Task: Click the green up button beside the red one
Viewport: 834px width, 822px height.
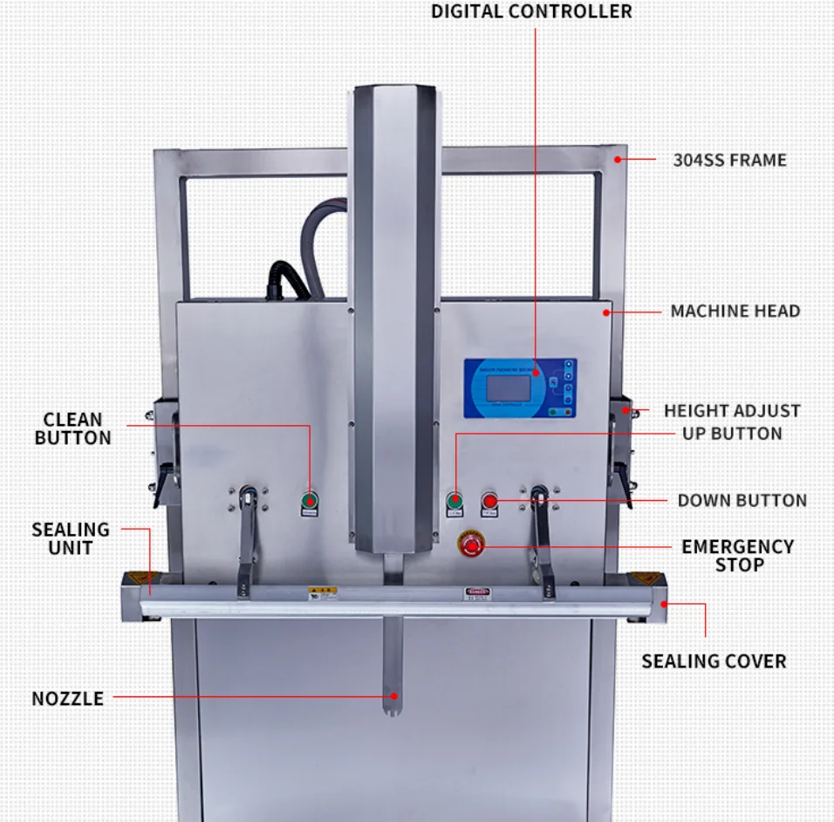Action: pos(455,501)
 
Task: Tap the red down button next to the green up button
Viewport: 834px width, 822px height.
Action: pos(489,501)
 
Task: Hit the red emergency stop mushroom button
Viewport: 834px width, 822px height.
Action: pos(472,545)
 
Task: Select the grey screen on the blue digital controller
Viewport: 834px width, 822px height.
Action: pos(507,385)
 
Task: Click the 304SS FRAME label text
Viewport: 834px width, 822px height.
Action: pos(729,161)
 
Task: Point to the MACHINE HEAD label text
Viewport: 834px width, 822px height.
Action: pos(735,311)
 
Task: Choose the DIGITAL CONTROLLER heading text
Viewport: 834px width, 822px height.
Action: pos(531,12)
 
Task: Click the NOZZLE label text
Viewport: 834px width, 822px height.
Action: pos(67,699)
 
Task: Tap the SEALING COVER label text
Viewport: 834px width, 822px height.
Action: pos(714,661)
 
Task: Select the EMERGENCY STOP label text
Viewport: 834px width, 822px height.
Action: pos(738,555)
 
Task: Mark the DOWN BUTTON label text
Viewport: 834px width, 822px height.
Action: pos(742,501)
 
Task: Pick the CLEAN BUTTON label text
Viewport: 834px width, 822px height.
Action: pos(73,428)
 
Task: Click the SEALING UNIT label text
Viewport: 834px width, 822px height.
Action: pos(71,538)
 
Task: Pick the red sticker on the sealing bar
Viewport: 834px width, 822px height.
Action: pos(475,593)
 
